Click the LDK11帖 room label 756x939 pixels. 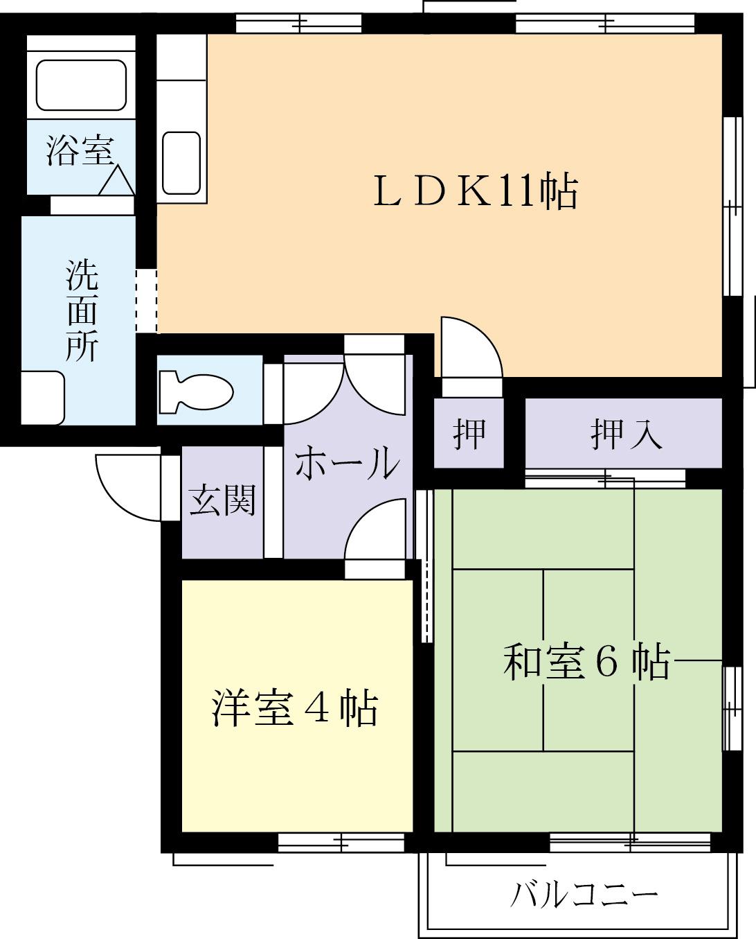[x=475, y=192]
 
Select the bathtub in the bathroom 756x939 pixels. [x=81, y=85]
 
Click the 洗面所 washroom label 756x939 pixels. [x=82, y=310]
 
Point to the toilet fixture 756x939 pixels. [x=195, y=391]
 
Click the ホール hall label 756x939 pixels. [x=348, y=462]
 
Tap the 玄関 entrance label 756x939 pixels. [x=222, y=500]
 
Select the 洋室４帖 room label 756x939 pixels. [x=295, y=708]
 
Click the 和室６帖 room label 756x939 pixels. [x=586, y=662]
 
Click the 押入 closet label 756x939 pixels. [x=626, y=435]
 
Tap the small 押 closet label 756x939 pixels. [x=469, y=435]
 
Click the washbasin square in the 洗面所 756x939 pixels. [x=42, y=398]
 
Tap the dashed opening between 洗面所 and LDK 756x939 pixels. [x=146, y=301]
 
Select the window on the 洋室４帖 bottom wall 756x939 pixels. [x=341, y=842]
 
